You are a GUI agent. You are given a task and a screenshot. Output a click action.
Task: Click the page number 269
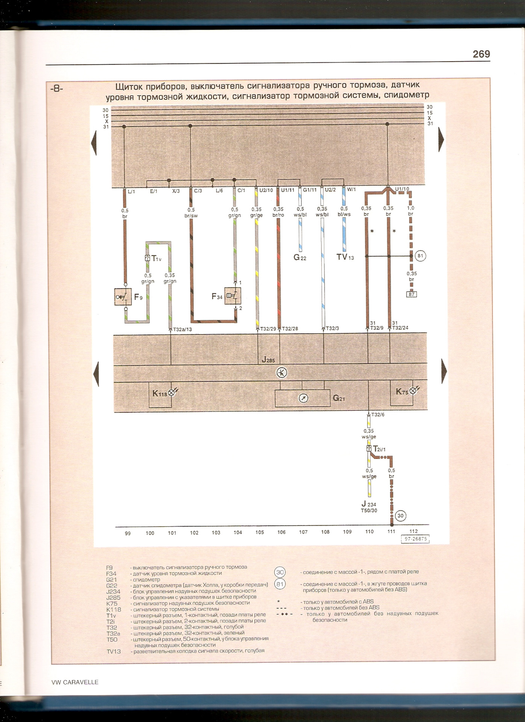[x=481, y=54]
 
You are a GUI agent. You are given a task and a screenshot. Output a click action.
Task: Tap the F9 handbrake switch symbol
[x=122, y=297]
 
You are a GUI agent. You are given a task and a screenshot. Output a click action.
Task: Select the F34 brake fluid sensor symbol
[x=232, y=296]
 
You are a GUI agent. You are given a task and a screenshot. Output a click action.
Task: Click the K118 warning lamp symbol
[x=171, y=393]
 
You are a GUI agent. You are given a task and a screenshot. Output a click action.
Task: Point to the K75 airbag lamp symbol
[x=412, y=391]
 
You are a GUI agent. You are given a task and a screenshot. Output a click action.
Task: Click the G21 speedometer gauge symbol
[x=303, y=398]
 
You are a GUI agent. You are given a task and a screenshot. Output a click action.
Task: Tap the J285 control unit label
[x=268, y=360]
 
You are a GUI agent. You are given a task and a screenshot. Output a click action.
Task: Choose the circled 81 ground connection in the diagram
[x=420, y=256]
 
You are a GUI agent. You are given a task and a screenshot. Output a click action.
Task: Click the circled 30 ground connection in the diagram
[x=400, y=516]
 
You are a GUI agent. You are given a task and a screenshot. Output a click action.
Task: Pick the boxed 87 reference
[x=412, y=294]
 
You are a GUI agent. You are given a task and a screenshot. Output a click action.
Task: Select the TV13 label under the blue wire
[x=345, y=258]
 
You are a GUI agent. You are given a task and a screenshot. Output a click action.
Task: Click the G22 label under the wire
[x=300, y=258]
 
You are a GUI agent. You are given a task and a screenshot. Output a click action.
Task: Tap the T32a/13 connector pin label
[x=183, y=329]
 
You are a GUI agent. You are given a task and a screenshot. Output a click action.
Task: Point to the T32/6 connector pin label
[x=378, y=415]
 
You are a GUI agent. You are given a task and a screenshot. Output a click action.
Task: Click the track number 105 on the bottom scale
[x=260, y=532]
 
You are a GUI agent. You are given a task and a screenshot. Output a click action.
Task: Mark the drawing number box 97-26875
[x=415, y=539]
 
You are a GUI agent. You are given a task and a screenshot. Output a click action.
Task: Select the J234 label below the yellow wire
[x=369, y=504]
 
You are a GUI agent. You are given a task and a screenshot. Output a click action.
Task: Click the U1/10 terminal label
[x=402, y=189]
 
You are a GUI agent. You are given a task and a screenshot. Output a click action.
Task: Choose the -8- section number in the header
[x=56, y=89]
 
